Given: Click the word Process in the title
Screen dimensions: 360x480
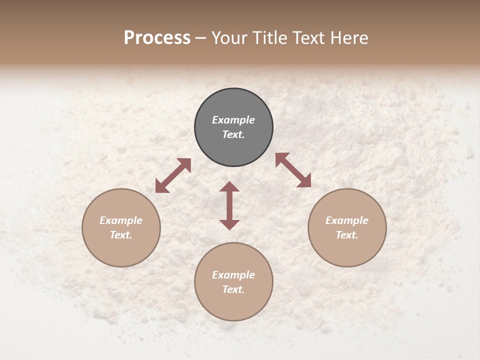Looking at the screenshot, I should [x=157, y=38].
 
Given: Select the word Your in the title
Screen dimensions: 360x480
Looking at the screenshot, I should [x=231, y=38].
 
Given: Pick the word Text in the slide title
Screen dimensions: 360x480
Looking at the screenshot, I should [x=309, y=38].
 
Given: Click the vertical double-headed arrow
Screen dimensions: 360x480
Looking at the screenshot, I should [x=229, y=205].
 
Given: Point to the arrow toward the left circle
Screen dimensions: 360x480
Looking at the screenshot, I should [x=173, y=175].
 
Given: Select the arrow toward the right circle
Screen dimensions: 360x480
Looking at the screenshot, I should [x=293, y=170].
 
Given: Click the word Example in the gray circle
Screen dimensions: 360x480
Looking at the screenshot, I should [x=233, y=120].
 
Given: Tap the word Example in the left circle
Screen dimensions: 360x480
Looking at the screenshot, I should [x=121, y=220].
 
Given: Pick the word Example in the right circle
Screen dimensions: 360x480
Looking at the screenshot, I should [x=347, y=220].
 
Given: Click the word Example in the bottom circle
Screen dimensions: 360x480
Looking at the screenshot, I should [x=233, y=275].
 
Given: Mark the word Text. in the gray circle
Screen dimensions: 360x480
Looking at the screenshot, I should [x=233, y=134].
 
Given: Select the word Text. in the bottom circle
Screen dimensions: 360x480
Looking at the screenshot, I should [x=233, y=289].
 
